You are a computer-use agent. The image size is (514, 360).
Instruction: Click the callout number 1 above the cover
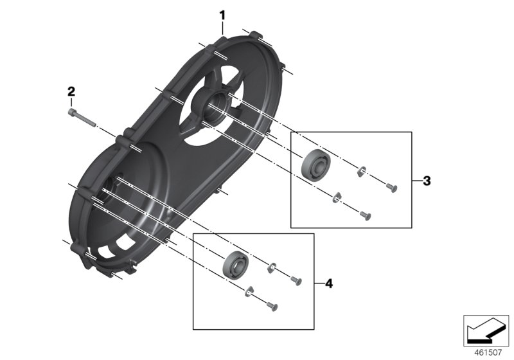(222, 14)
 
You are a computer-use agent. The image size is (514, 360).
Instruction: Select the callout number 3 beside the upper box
(427, 181)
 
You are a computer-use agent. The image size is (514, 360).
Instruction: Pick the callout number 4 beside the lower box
(329, 283)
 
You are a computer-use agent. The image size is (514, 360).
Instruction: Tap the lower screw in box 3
(365, 215)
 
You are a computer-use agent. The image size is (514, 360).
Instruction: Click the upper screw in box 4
(296, 279)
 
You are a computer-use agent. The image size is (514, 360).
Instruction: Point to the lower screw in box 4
(270, 308)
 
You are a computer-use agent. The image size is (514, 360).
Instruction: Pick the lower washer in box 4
(249, 292)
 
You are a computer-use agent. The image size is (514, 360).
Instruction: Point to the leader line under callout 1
(222, 27)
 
